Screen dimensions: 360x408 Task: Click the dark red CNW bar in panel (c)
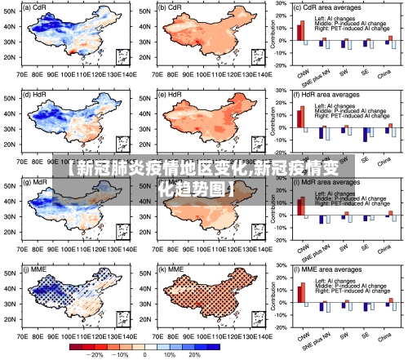click(299, 32)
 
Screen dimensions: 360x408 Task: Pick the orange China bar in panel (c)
click(390, 38)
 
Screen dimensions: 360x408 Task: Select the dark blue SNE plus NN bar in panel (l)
click(322, 307)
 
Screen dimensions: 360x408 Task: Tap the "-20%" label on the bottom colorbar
click(95, 354)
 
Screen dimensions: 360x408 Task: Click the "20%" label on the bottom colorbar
click(194, 354)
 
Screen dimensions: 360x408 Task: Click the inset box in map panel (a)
click(122, 57)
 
